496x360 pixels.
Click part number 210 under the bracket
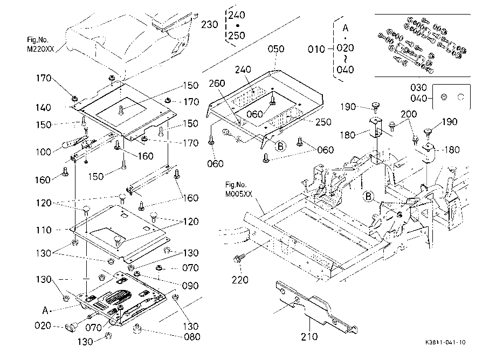[309, 337]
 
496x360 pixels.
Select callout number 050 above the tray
[276, 49]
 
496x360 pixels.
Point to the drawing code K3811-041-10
[445, 342]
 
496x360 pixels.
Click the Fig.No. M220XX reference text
[40, 45]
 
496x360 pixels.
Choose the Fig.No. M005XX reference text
[238, 189]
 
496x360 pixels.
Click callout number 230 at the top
[209, 24]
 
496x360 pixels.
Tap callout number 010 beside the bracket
[316, 49]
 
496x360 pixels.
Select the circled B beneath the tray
[280, 147]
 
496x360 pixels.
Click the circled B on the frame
[368, 196]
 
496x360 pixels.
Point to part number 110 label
[43, 230]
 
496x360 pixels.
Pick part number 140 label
[43, 107]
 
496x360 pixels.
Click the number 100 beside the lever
[43, 152]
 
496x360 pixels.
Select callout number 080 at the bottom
[192, 337]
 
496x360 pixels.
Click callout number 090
[190, 286]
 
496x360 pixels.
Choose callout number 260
[217, 84]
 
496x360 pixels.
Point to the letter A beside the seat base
[45, 311]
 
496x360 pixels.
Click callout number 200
[409, 114]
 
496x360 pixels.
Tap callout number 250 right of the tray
[323, 122]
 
